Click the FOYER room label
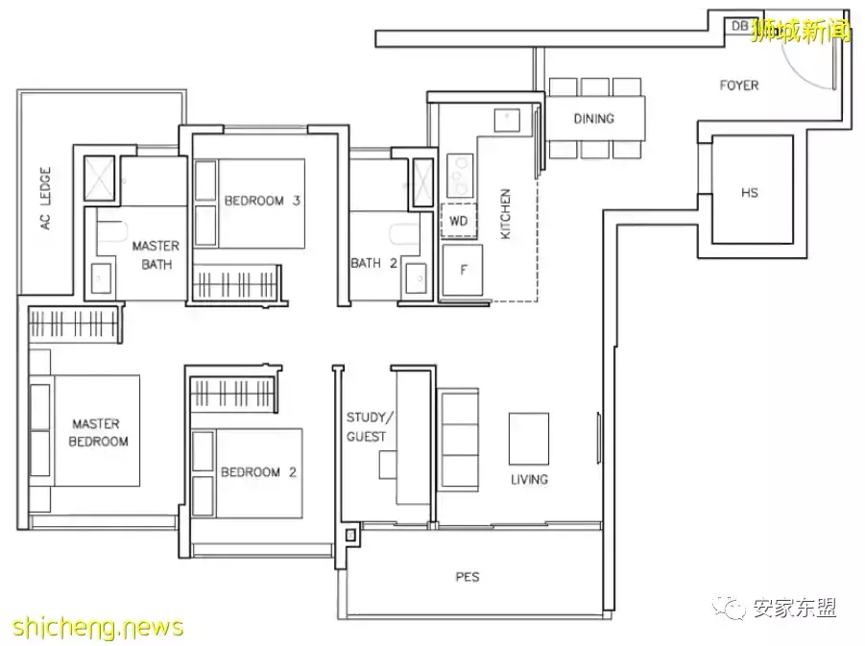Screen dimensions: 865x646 click(x=739, y=85)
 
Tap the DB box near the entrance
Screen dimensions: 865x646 click(x=739, y=26)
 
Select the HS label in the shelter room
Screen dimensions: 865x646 click(x=750, y=193)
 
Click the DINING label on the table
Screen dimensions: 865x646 click(x=593, y=119)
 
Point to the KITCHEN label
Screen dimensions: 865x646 click(x=505, y=214)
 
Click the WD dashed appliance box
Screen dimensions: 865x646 click(x=459, y=221)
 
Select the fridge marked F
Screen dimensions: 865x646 click(x=463, y=271)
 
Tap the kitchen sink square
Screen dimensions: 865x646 click(x=507, y=120)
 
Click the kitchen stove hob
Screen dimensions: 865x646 click(x=460, y=176)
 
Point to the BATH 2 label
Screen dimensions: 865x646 click(x=374, y=263)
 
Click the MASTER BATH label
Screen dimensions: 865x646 click(x=156, y=255)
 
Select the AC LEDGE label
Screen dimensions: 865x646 click(x=45, y=198)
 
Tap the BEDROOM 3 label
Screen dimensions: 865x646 click(x=262, y=201)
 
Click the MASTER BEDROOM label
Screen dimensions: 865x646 click(x=98, y=433)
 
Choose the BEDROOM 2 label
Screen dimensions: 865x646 click(x=258, y=472)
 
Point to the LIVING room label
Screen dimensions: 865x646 click(x=529, y=479)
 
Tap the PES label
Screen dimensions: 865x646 click(x=468, y=577)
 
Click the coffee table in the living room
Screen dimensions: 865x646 click(x=528, y=439)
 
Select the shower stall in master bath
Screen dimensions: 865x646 click(x=99, y=179)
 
